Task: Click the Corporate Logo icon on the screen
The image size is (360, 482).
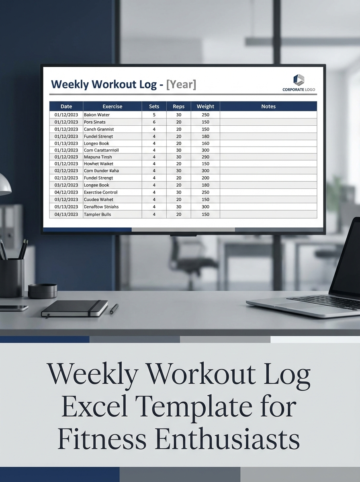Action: (x=299, y=80)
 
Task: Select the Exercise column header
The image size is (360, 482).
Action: (x=112, y=106)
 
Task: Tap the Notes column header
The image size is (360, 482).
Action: (x=268, y=106)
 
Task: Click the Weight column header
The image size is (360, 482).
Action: (x=205, y=106)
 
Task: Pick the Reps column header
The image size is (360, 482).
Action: (x=178, y=106)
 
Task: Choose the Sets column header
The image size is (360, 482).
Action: (x=154, y=106)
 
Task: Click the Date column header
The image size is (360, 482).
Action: (x=66, y=106)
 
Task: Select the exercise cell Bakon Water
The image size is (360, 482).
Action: (x=97, y=115)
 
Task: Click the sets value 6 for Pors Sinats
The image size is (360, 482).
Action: (x=154, y=122)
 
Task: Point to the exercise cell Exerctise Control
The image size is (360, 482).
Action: (x=100, y=192)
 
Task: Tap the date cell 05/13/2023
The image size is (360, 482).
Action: (x=66, y=207)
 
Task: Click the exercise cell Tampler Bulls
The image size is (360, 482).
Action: (x=97, y=214)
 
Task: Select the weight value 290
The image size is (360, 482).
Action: (x=205, y=157)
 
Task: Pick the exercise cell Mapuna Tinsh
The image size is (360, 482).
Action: (x=98, y=157)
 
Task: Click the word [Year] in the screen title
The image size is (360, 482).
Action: (x=181, y=85)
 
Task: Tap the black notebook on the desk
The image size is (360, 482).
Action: (x=75, y=308)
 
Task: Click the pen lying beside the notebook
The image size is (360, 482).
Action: (x=114, y=308)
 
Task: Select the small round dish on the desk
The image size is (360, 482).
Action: (x=42, y=290)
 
